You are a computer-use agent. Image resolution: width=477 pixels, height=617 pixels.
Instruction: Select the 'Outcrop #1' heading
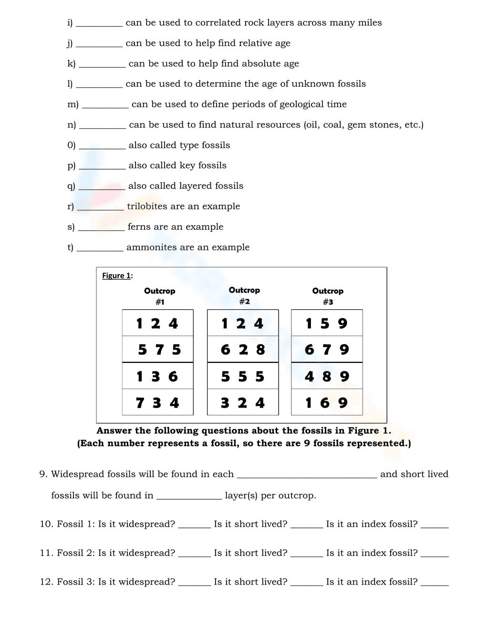click(x=160, y=296)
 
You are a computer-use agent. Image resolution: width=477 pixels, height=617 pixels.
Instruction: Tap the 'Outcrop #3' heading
click(x=328, y=296)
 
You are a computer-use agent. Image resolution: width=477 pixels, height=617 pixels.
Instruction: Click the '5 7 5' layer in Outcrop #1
click(x=158, y=350)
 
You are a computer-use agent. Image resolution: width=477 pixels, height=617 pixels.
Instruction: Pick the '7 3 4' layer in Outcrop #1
click(x=158, y=403)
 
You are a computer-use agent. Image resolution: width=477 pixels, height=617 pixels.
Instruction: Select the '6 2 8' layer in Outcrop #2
click(x=243, y=350)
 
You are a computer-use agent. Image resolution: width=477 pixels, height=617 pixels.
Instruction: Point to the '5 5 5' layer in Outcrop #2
click(x=243, y=377)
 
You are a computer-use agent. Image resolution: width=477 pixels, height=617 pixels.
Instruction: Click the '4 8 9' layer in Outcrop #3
click(x=327, y=377)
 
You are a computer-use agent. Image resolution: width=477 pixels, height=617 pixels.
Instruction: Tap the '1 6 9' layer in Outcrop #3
click(x=327, y=403)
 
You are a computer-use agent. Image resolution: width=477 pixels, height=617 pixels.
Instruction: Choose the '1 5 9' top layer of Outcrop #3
click(x=327, y=323)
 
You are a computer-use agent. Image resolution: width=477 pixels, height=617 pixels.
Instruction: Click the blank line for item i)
click(x=99, y=25)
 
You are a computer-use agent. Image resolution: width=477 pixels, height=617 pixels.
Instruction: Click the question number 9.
click(x=43, y=474)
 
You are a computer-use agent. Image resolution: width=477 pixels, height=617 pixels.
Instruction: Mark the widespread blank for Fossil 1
click(x=194, y=526)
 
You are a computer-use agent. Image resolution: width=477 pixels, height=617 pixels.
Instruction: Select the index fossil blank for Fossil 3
click(x=435, y=584)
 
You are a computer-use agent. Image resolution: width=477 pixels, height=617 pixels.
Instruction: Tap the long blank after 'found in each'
click(x=307, y=476)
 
